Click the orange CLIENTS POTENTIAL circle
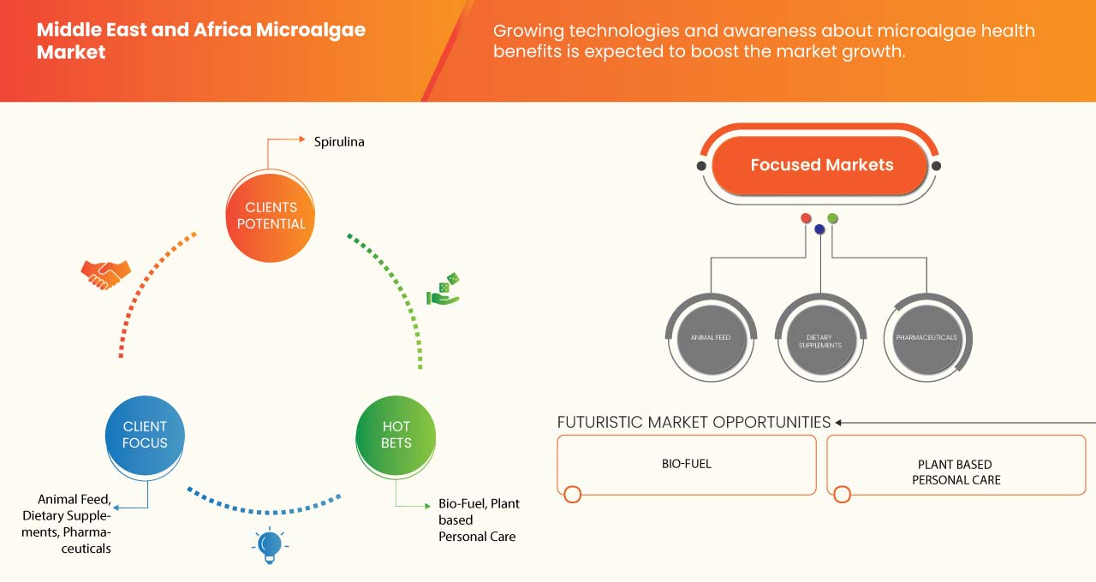click(x=270, y=216)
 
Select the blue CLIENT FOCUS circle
click(x=145, y=435)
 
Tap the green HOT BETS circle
click(x=396, y=435)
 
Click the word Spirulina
click(x=339, y=142)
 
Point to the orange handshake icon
click(x=105, y=274)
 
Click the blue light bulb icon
click(x=270, y=545)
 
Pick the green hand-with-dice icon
click(x=443, y=290)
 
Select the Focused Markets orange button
click(x=821, y=165)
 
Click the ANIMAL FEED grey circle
click(x=711, y=338)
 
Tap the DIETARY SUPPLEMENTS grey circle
click(x=819, y=341)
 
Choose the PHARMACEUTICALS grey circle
click(x=926, y=338)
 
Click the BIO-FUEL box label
click(x=687, y=464)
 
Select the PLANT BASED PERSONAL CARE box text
click(x=956, y=472)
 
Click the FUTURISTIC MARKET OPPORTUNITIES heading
click(x=694, y=422)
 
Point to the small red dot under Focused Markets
click(x=806, y=218)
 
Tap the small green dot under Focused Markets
click(x=833, y=218)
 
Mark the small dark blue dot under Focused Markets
click(x=819, y=229)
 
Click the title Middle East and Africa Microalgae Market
click(x=200, y=41)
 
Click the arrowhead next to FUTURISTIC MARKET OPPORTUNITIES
click(x=839, y=422)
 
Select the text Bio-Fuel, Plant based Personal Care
click(x=478, y=520)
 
